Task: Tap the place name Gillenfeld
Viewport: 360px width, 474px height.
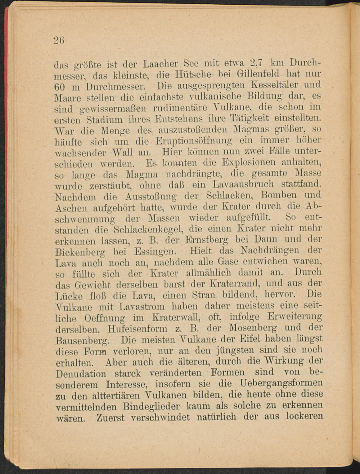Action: point(266,76)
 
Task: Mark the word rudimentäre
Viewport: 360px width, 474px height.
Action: point(179,108)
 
